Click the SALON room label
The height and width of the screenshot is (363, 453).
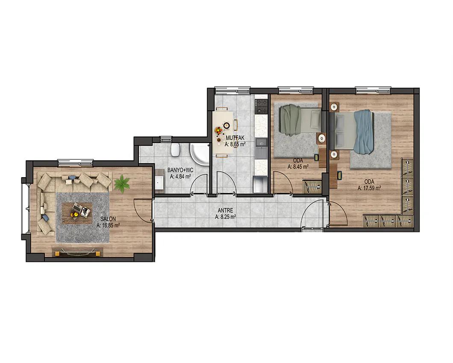click(109, 219)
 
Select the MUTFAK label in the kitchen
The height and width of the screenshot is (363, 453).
click(235, 138)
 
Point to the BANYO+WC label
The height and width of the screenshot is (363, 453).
click(180, 170)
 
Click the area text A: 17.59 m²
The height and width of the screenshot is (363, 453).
click(369, 188)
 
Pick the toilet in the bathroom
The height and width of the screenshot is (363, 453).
click(175, 149)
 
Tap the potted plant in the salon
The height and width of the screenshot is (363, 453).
click(122, 183)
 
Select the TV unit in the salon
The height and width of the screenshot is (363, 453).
click(77, 252)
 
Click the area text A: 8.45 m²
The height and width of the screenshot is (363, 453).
click(298, 167)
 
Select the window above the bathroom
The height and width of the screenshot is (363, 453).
click(166, 139)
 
